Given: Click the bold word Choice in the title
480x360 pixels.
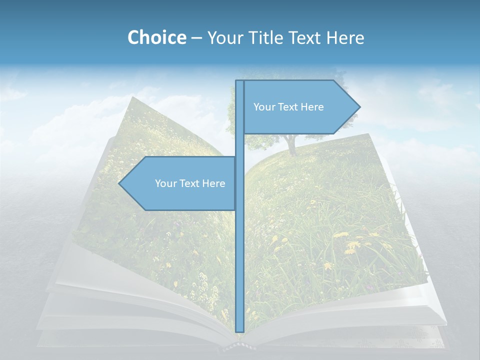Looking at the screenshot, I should pyautogui.click(x=156, y=37).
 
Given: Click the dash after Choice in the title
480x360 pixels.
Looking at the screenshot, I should pyautogui.click(x=196, y=38).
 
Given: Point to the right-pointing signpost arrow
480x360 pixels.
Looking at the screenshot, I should pyautogui.click(x=300, y=107).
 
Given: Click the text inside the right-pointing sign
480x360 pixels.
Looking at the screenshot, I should pyautogui.click(x=288, y=107).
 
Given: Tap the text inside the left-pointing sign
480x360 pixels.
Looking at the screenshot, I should pyautogui.click(x=190, y=183).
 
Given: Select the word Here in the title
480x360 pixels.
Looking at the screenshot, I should pyautogui.click(x=345, y=37).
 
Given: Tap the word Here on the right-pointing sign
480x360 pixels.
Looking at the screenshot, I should pyautogui.click(x=311, y=107).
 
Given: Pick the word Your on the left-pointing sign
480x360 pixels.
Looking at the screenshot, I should pyautogui.click(x=165, y=183).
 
